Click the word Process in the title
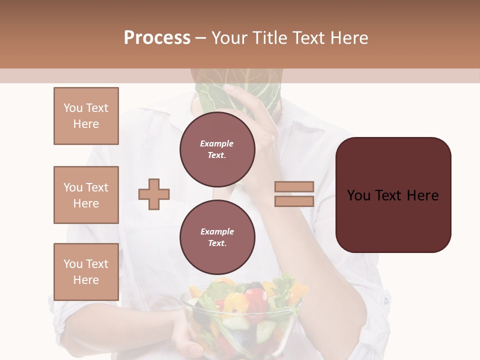pyautogui.click(x=157, y=38)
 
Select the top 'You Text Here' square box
pyautogui.click(x=86, y=116)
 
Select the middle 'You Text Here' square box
pyautogui.click(x=86, y=195)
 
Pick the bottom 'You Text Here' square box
pyautogui.click(x=86, y=272)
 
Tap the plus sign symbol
pyautogui.click(x=154, y=194)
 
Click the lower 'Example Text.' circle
pyautogui.click(x=217, y=237)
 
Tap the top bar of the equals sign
pyautogui.click(x=294, y=187)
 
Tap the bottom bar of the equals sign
pyautogui.click(x=294, y=201)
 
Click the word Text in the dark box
pyautogui.click(x=393, y=195)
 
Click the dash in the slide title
pyautogui.click(x=201, y=38)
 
